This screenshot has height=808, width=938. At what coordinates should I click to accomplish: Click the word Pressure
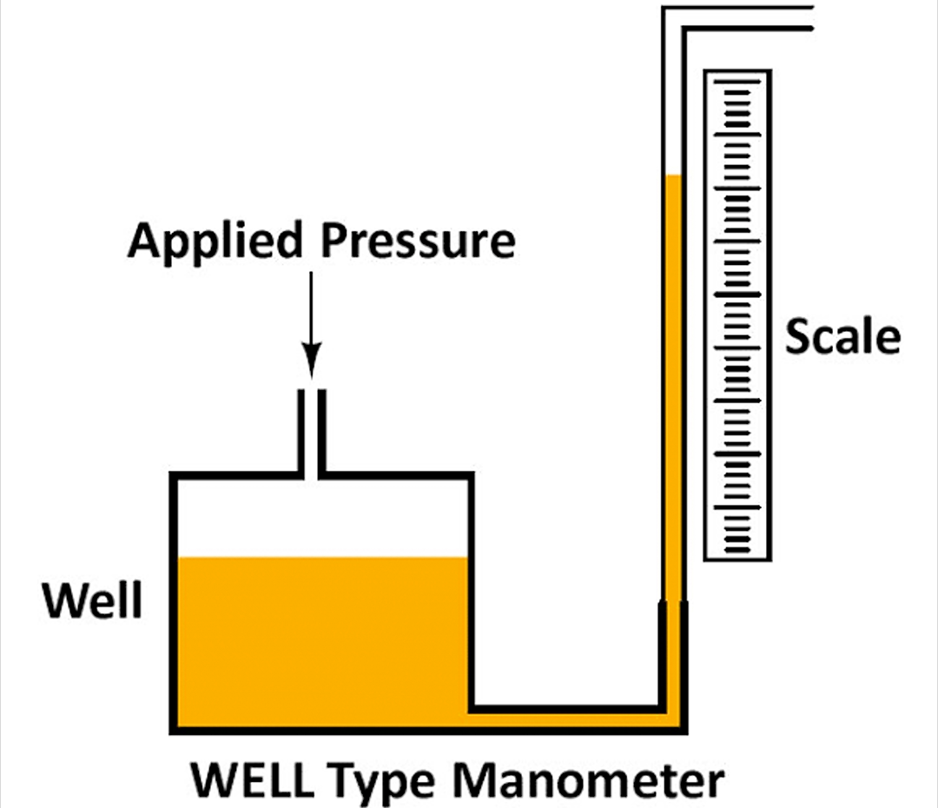click(x=418, y=241)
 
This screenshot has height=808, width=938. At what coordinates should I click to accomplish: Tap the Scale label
click(x=842, y=335)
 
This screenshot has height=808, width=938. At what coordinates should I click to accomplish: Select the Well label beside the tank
click(x=94, y=599)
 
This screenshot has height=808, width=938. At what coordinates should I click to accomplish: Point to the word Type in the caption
click(x=386, y=781)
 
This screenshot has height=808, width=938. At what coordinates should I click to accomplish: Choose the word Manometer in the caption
click(x=590, y=779)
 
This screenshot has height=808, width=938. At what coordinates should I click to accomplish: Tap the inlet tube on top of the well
click(x=313, y=431)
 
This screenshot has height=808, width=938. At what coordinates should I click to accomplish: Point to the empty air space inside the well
click(x=321, y=517)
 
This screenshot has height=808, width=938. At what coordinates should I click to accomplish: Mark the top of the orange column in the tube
click(x=672, y=178)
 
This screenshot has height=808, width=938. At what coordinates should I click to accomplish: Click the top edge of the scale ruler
click(x=737, y=72)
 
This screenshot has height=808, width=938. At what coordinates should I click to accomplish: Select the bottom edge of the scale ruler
click(x=737, y=558)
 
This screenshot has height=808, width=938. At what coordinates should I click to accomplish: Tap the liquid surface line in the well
click(x=321, y=558)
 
